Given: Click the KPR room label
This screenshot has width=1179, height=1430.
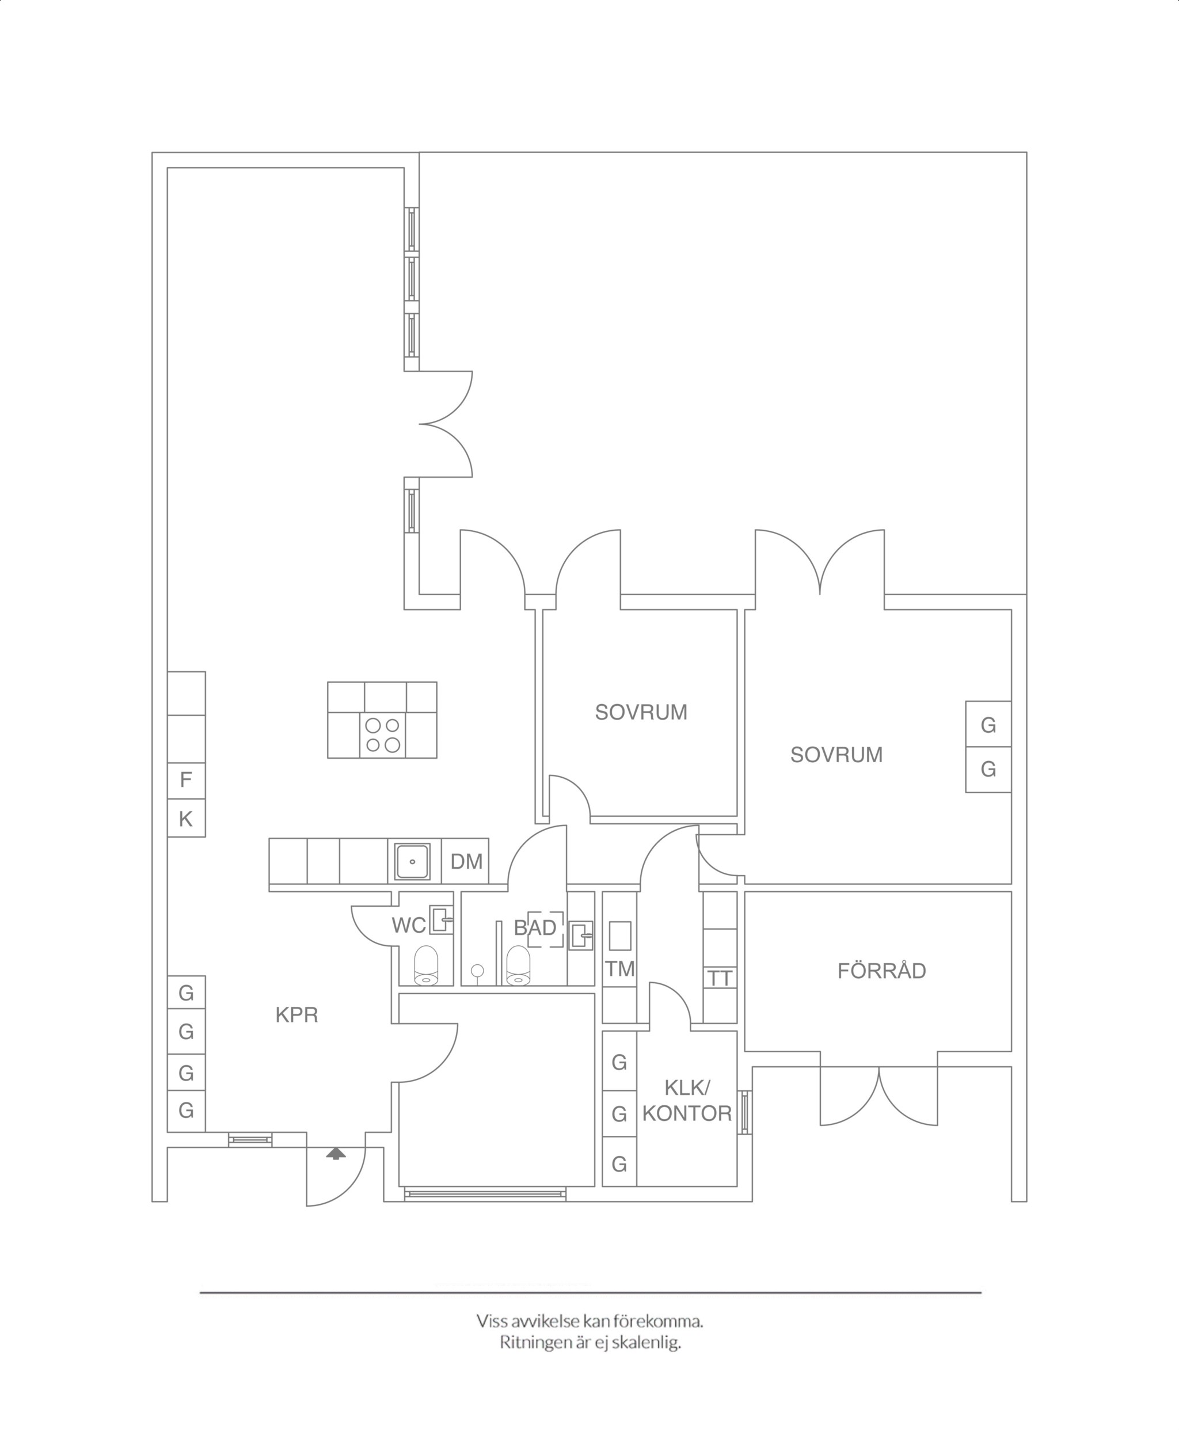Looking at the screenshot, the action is tap(297, 1015).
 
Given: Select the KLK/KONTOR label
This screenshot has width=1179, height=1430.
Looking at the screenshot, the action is tap(687, 1101).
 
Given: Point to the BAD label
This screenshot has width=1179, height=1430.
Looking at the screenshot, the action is tap(535, 927).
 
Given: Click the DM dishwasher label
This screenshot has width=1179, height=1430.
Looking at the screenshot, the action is tap(466, 862).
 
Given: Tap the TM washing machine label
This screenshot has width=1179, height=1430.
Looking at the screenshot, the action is tap(619, 969).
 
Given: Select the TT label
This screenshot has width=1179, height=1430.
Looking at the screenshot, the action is tap(720, 979).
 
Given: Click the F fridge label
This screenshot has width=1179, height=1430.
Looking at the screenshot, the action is tap(185, 779).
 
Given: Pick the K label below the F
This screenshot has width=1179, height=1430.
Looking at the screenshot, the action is tap(185, 820).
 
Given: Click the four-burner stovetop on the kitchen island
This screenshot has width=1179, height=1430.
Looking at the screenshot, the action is tap(382, 735).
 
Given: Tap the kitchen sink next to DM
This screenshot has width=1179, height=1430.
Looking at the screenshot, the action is tap(412, 862).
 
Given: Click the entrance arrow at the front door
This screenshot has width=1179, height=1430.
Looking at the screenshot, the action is tap(336, 1153).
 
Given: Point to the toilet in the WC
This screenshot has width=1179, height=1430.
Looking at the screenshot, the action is tap(427, 965).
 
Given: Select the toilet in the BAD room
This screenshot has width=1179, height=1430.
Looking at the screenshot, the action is tap(518, 965).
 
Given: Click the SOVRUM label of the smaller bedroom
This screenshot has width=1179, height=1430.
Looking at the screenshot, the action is tap(641, 712).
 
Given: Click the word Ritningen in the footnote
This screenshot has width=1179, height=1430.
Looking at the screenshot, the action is tap(536, 1343).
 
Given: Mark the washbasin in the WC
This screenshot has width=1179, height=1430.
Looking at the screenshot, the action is tap(442, 920).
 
